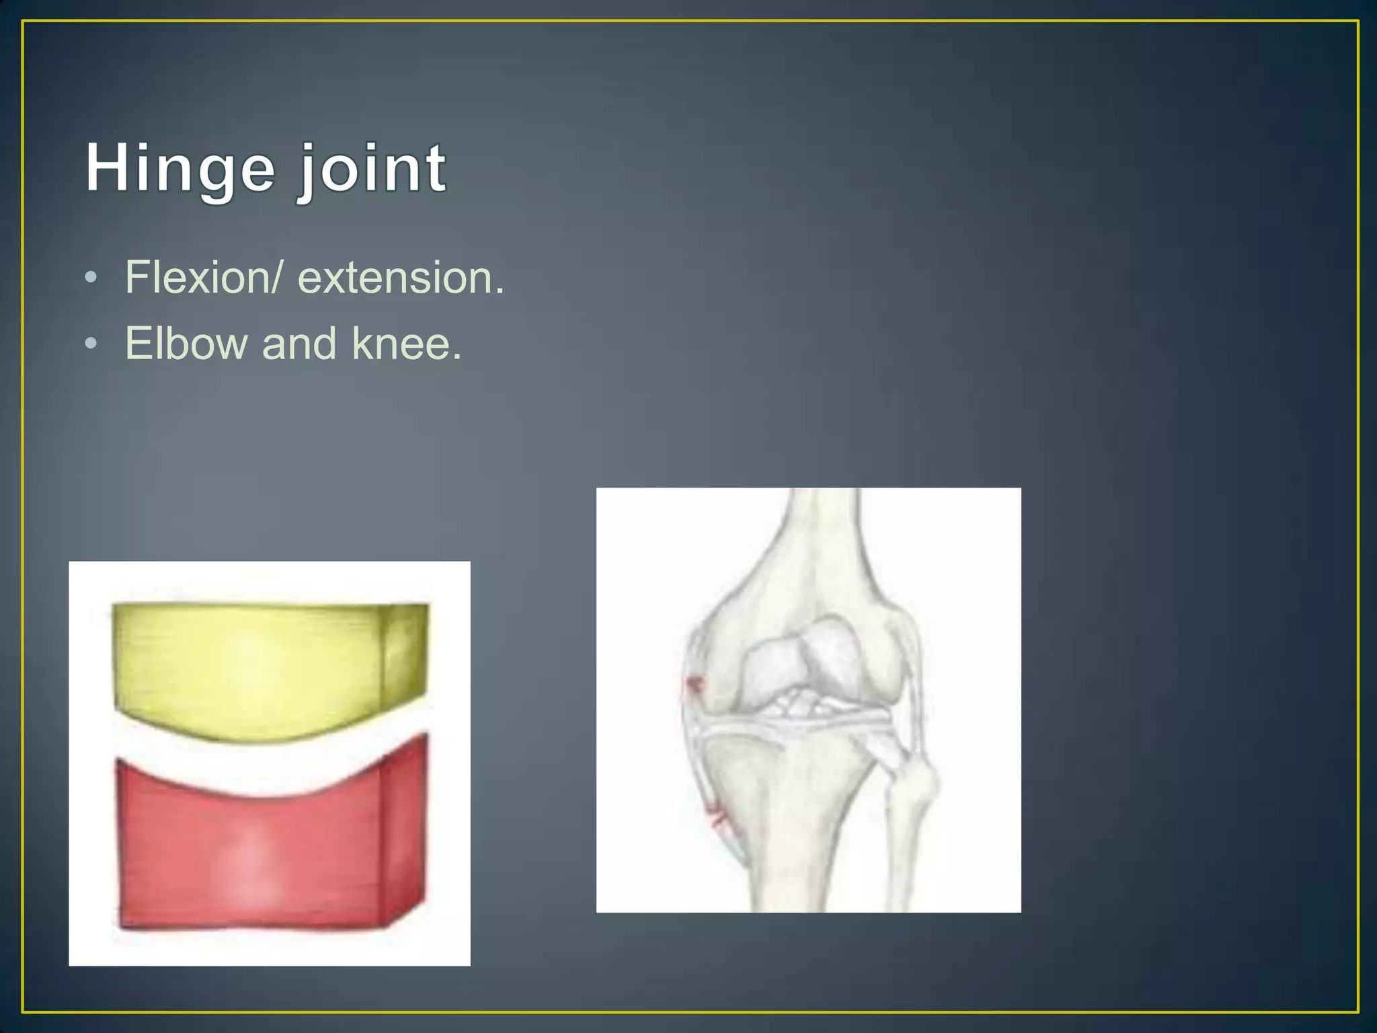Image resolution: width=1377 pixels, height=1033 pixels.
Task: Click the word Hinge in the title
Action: (180, 168)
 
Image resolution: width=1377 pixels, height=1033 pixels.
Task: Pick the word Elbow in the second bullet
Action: (186, 343)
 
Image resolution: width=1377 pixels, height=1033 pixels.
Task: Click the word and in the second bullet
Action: (299, 343)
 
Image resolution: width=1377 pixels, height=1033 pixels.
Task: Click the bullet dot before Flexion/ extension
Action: (91, 278)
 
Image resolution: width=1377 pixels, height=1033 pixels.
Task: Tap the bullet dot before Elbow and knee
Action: (91, 344)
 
